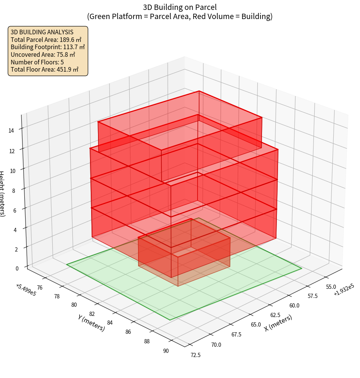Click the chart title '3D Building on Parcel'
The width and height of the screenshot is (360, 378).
(x=180, y=7)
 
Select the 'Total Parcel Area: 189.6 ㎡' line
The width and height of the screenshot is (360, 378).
(x=46, y=40)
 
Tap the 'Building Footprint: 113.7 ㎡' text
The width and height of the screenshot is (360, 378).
(x=48, y=47)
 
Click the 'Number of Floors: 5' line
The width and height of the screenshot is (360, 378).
(x=37, y=62)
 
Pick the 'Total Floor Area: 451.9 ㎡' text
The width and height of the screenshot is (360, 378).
(x=45, y=70)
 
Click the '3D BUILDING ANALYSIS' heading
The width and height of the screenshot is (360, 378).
(x=42, y=32)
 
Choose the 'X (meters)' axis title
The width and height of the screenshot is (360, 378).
(x=278, y=323)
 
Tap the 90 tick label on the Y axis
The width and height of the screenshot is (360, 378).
(x=166, y=351)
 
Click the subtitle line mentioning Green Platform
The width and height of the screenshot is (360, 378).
(x=180, y=16)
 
